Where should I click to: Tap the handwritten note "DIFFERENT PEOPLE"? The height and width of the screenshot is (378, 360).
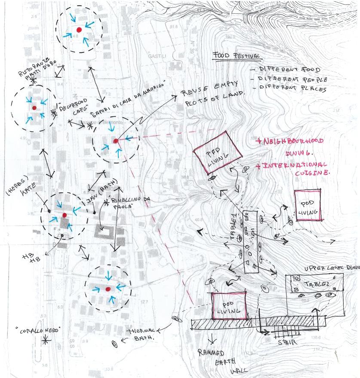pos(293,79)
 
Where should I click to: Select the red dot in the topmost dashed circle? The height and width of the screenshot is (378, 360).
pos(79,30)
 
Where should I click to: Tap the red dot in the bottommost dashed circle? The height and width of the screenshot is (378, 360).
pos(108,288)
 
